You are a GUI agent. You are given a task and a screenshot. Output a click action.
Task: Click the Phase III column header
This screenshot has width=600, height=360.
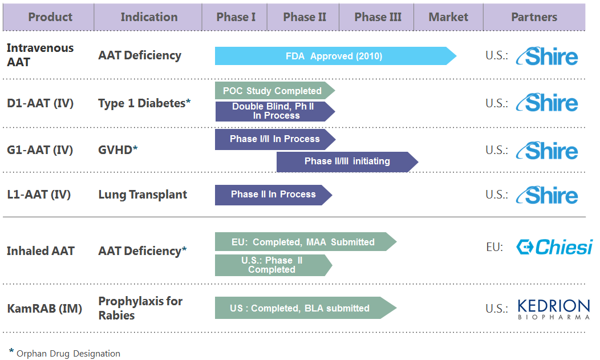coord(378,17)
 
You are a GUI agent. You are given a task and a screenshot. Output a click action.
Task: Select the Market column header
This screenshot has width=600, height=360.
coord(448,17)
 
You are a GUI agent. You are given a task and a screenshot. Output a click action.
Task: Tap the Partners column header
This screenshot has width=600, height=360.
coord(534,17)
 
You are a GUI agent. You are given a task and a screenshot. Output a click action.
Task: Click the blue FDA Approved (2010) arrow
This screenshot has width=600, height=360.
coord(335,56)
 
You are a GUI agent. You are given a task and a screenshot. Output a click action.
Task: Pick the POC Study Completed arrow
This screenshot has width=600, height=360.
coord(275,91)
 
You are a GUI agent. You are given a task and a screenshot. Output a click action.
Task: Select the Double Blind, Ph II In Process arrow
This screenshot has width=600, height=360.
coord(275,111)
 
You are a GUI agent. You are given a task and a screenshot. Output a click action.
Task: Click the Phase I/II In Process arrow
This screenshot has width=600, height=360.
coord(275,139)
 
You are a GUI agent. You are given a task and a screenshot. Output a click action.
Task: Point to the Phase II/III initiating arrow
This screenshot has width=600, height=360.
coord(347,162)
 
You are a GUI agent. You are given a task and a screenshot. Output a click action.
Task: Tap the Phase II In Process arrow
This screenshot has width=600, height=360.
coord(273,195)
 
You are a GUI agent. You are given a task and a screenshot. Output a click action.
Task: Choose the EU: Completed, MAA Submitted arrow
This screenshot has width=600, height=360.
coord(306,242)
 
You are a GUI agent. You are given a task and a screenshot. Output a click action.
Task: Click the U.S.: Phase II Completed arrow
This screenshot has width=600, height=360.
coord(273,265)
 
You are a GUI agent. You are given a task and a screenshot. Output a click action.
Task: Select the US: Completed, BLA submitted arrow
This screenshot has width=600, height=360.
coord(306,308)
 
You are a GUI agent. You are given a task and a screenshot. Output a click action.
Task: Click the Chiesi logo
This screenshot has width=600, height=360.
coord(554,247)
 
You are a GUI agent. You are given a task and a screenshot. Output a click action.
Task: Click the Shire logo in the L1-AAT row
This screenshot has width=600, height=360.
coord(547,195)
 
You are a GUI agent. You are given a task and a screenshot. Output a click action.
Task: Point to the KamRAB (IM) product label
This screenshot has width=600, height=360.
coord(44,308)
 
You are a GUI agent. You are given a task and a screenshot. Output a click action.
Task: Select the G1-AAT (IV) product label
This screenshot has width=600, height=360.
coord(40,150)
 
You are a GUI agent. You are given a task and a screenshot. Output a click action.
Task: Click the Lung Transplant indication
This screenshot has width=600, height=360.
coord(143,195)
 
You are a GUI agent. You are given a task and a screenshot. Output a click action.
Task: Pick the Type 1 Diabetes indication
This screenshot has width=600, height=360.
coord(144,103)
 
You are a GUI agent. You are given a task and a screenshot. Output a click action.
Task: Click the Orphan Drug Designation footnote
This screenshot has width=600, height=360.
coord(64,353)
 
